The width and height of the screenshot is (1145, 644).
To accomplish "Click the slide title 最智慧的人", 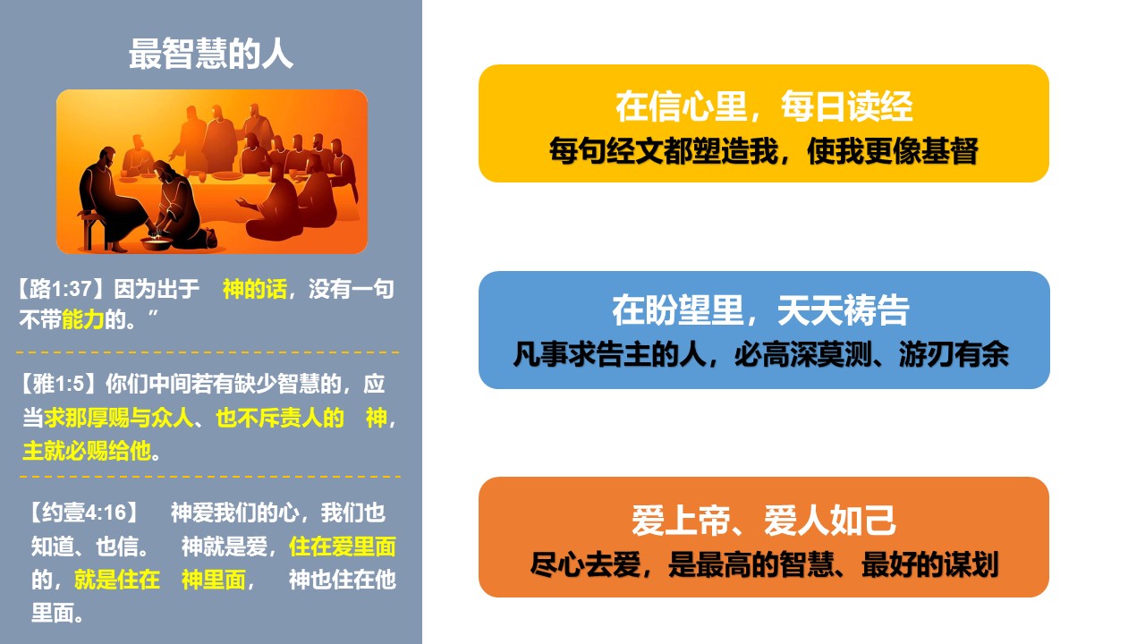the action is [x=210, y=54].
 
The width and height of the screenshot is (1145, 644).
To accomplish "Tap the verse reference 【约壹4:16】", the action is [x=84, y=513].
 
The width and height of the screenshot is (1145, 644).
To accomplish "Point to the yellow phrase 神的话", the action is [x=255, y=289].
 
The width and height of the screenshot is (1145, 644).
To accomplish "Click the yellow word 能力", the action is [x=83, y=320].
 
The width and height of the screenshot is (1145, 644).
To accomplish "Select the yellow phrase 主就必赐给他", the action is [x=87, y=451].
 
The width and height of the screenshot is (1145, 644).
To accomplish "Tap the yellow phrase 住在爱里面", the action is [x=342, y=547].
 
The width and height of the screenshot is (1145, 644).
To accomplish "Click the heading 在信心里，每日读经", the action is [x=764, y=106].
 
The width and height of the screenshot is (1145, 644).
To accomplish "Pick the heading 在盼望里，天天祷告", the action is [x=760, y=310].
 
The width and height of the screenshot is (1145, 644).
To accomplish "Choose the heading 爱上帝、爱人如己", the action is [x=764, y=521].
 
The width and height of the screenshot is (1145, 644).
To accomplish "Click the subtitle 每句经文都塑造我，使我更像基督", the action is [x=764, y=151].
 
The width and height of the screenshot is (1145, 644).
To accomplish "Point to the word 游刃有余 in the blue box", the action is [x=954, y=354].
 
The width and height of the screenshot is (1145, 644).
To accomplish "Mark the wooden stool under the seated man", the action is [x=92, y=230].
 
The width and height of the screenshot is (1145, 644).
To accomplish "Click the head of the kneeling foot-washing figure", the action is [x=162, y=171].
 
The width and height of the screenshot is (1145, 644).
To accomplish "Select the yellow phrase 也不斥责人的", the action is [x=280, y=418].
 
